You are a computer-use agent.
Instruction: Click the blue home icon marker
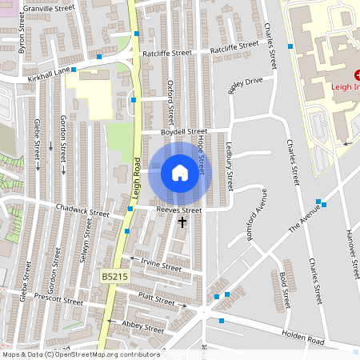pyautogui.click(x=180, y=173)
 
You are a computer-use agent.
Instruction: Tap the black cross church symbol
pyautogui.click(x=182, y=222)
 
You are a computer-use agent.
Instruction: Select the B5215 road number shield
pyautogui.click(x=113, y=276)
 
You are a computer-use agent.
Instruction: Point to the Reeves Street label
pyautogui.click(x=178, y=210)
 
